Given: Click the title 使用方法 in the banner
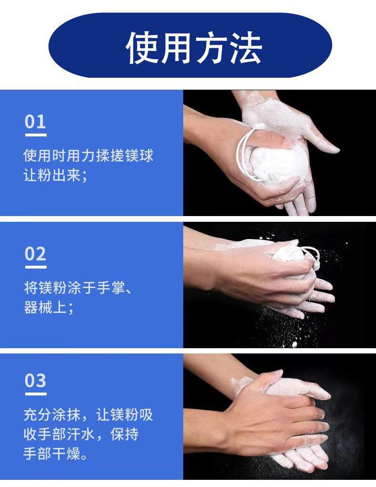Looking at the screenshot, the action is click(194, 48).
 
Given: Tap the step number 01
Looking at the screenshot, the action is click(35, 122).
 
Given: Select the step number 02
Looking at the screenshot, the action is click(35, 254).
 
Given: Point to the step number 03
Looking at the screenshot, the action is click(35, 381).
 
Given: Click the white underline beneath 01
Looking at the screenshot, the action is click(36, 135).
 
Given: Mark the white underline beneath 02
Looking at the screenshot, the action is click(36, 267).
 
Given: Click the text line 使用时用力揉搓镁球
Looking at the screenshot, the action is click(89, 155).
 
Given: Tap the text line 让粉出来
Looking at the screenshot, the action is click(56, 176).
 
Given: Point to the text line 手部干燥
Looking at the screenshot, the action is click(56, 454).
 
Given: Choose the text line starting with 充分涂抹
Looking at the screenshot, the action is click(89, 414).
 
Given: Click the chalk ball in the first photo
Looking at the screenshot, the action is click(277, 165).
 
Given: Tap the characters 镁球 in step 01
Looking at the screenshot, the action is click(139, 155).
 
